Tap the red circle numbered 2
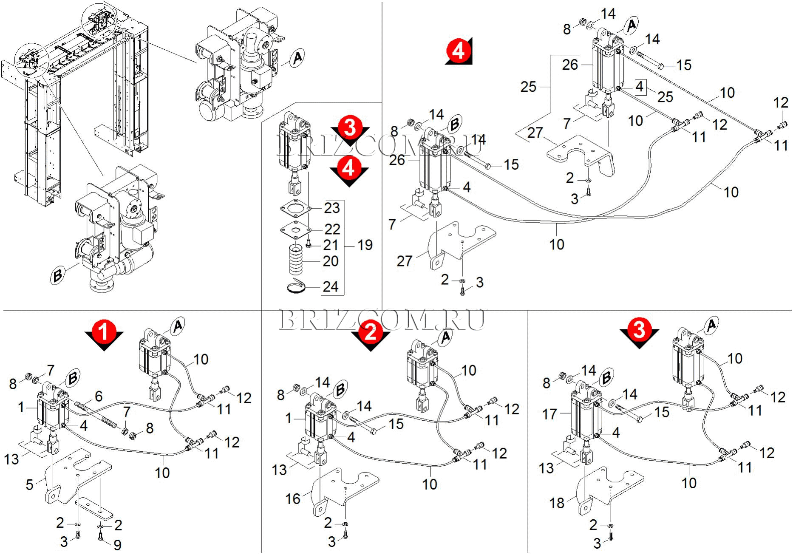371,331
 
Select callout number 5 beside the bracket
29,484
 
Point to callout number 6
99,396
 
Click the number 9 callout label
117,544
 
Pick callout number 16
293,498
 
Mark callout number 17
549,413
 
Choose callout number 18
557,503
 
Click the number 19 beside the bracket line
365,245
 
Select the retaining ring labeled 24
296,287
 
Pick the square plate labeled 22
296,229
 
